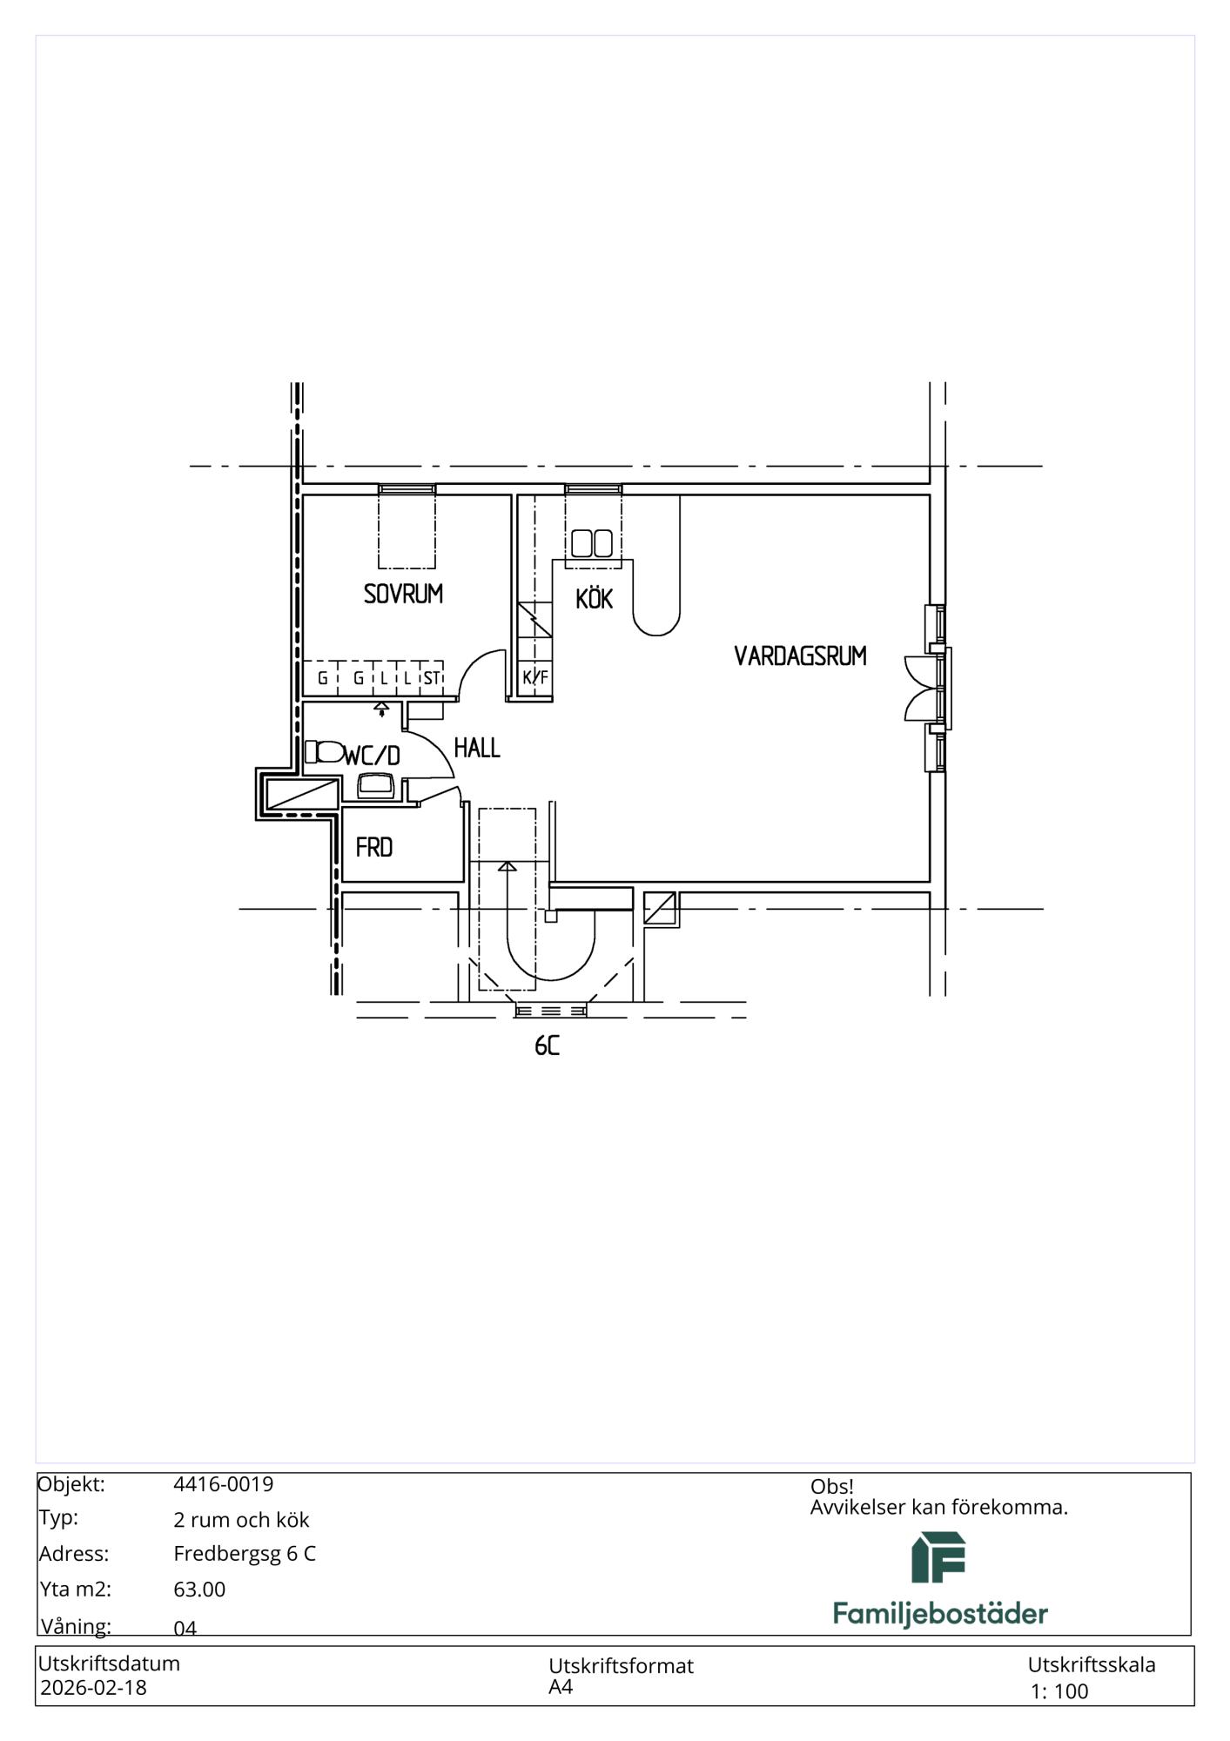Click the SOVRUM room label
pos(403,594)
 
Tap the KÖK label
pos(595,598)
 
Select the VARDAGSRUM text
pos(800,655)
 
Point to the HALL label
pos(477,748)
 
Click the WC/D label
pos(373,755)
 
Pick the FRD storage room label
pos(374,847)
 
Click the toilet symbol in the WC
pos(324,751)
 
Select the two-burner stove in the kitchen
pos(592,543)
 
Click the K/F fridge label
pos(535,677)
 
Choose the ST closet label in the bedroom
pos(432,678)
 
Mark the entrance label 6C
pos(547,1045)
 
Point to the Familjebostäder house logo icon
pos(938,1557)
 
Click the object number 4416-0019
pos(224,1484)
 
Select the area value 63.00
pos(199,1590)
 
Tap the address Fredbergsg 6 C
pos(245,1554)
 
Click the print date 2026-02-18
pos(94,1688)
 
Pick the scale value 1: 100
pos(1059,1691)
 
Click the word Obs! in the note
pos(832,1487)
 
